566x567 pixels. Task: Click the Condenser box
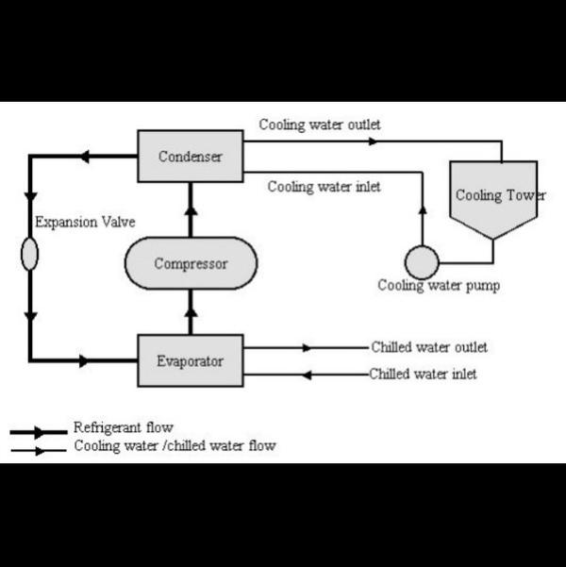(190, 156)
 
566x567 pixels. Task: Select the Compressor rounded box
(191, 263)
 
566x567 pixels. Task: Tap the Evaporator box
(190, 360)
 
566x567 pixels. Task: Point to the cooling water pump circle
(422, 261)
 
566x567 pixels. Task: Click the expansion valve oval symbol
(30, 254)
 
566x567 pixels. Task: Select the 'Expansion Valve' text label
(85, 223)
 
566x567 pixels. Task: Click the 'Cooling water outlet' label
(320, 125)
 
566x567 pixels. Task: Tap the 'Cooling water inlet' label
(324, 187)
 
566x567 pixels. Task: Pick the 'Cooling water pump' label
(439, 286)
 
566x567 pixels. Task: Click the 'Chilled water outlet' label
(428, 347)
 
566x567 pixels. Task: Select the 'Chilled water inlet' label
(423, 374)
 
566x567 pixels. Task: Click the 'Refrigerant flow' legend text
(123, 428)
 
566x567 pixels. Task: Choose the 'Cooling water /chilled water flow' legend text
(175, 445)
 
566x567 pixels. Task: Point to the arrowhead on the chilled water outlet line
(306, 347)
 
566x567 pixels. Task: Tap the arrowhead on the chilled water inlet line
(306, 375)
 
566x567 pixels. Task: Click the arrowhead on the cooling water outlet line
(373, 142)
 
